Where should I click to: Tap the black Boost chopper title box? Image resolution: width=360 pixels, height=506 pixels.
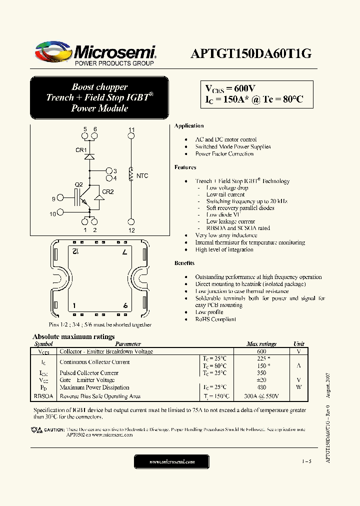click(x=100, y=97)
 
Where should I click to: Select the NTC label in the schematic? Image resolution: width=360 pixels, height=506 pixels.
click(x=142, y=176)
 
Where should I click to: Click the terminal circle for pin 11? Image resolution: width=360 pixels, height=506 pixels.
click(x=131, y=136)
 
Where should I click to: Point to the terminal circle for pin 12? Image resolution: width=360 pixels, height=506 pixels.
click(x=131, y=221)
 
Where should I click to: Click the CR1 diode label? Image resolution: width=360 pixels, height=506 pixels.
click(x=81, y=150)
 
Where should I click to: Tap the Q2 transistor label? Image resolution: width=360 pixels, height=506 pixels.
click(x=78, y=184)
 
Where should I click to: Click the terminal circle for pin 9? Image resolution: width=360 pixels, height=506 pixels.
click(x=60, y=199)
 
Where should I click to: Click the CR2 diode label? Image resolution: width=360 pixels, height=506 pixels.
click(x=108, y=191)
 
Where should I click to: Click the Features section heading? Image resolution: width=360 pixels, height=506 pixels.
click(x=185, y=167)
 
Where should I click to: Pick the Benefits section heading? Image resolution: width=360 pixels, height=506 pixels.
click(x=184, y=263)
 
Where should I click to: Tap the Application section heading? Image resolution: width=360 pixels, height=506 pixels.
click(x=189, y=126)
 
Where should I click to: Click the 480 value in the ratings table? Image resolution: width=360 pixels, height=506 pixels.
click(x=261, y=387)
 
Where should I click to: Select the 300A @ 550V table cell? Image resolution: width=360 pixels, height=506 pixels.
click(x=261, y=396)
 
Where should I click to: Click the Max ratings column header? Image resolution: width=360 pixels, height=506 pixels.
click(x=261, y=344)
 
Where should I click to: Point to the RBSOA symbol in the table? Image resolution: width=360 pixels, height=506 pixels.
click(x=43, y=396)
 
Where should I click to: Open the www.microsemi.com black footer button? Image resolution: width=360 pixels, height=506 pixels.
click(x=172, y=462)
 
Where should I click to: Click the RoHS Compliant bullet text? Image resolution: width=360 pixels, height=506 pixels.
click(x=215, y=319)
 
